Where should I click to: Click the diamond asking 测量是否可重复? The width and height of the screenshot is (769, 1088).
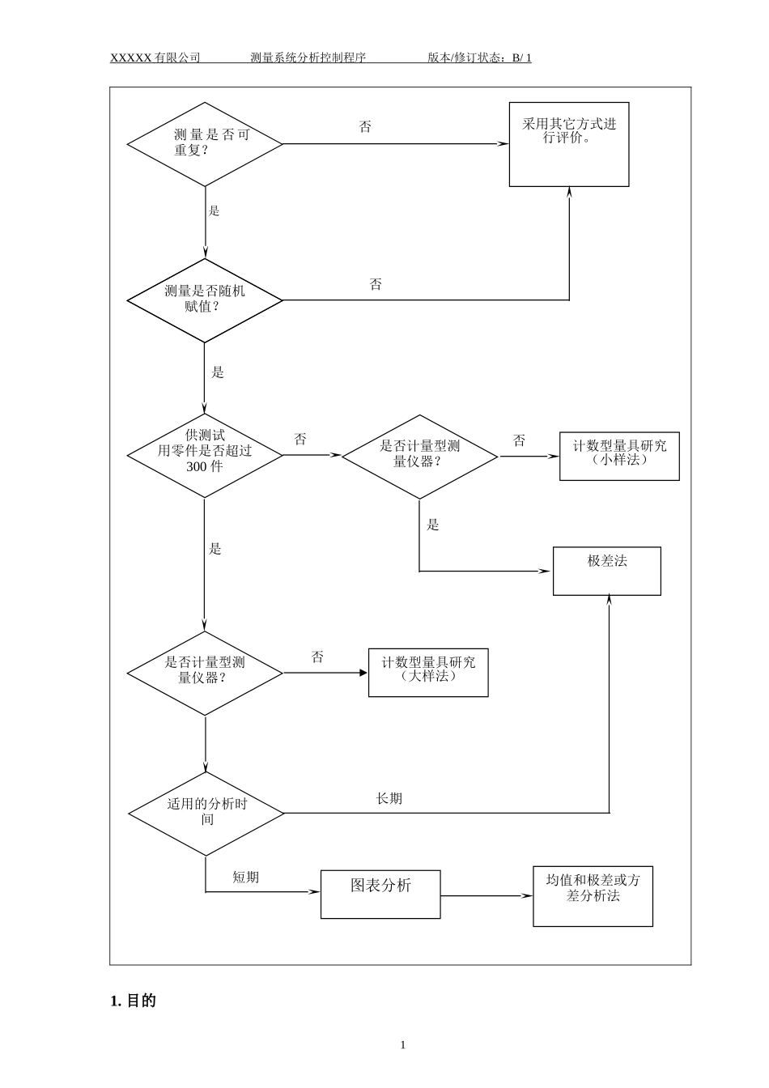(x=205, y=144)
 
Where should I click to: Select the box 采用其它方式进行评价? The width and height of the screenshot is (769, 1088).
(x=568, y=144)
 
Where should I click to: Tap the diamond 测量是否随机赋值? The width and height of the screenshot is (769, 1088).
(x=205, y=300)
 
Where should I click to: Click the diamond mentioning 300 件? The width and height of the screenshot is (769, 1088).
(x=205, y=456)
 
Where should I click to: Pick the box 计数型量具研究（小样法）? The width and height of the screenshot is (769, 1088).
(x=619, y=456)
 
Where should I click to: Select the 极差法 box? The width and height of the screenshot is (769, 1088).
(x=606, y=571)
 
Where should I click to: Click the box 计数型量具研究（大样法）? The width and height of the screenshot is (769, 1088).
(x=428, y=672)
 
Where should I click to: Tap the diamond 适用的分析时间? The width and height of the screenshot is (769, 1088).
(x=206, y=813)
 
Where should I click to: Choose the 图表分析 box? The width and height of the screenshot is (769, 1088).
(x=380, y=894)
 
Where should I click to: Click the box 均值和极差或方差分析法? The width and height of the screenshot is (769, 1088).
(x=593, y=896)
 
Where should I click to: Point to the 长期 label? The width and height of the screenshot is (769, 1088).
(x=389, y=798)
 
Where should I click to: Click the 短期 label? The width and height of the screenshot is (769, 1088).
(x=246, y=877)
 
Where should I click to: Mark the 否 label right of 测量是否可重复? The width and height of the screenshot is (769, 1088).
(x=365, y=127)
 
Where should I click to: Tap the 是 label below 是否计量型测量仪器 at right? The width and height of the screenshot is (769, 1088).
(x=433, y=525)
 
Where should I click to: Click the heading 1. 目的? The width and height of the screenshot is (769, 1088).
(x=133, y=1001)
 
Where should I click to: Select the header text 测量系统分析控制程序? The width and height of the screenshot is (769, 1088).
(x=308, y=57)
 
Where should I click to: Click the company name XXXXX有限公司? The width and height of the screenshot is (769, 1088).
(x=155, y=57)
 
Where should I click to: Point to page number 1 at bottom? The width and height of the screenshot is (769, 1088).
(x=403, y=1044)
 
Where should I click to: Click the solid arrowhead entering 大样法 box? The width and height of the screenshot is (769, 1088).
(x=363, y=673)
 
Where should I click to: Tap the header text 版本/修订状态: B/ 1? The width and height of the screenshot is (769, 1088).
(x=479, y=57)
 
